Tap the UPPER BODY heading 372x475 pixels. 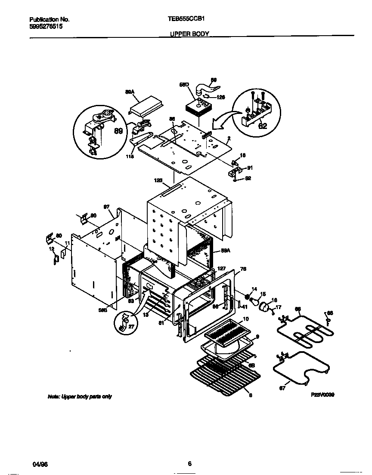click(189, 33)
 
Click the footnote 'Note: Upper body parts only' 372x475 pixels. click(80, 396)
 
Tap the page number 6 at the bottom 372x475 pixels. click(189, 463)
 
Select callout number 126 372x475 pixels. click(220, 97)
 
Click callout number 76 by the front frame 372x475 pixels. click(243, 270)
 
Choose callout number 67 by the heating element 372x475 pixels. click(283, 389)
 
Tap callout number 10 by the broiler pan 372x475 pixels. click(246, 319)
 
